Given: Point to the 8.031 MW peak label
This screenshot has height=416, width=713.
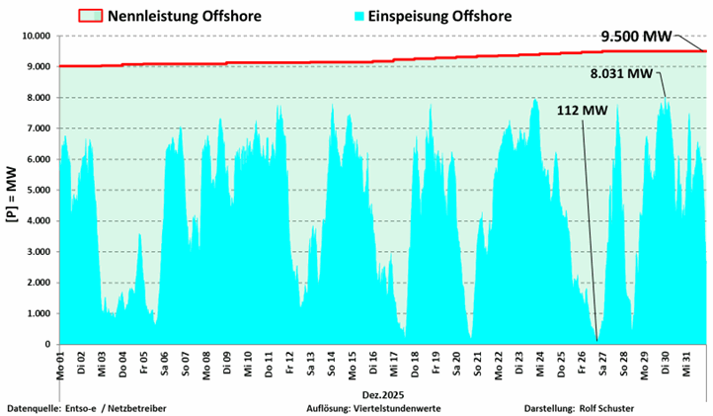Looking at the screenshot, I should click(621, 73).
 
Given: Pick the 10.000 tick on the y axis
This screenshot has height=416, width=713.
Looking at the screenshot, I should click(36, 36).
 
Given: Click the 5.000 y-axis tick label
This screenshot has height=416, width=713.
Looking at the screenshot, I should click(39, 190).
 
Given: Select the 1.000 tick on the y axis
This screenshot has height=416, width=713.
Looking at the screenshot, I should click(39, 313).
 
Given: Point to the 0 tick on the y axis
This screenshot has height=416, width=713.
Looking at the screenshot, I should click(47, 344).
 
